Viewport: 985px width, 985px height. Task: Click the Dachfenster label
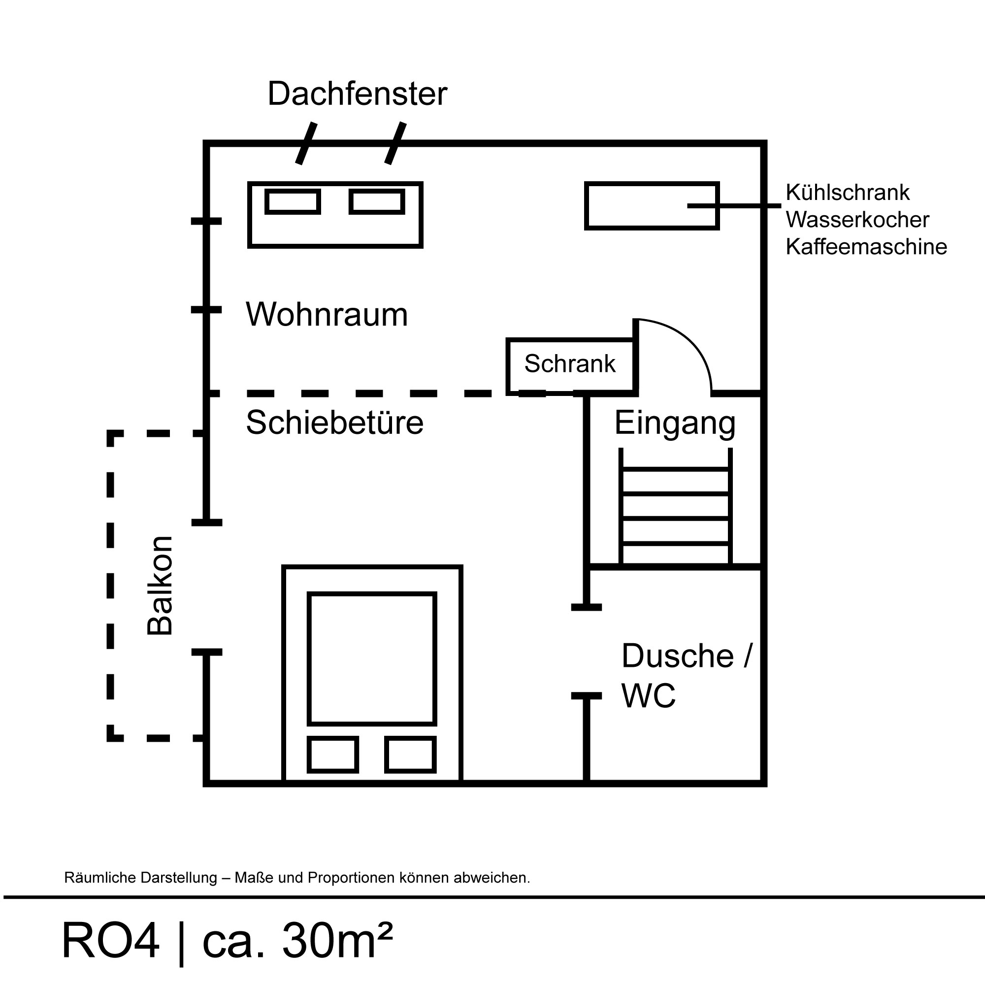coord(357,95)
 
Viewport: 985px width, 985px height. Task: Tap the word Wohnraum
coord(327,315)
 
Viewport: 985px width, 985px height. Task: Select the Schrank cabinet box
coord(570,365)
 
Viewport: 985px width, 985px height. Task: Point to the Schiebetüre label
coord(334,423)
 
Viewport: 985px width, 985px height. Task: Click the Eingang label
coord(675,423)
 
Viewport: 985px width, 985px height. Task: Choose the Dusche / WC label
coord(686,676)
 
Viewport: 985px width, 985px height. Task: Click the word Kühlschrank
coord(847,193)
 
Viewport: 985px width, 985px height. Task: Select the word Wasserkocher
coord(857,220)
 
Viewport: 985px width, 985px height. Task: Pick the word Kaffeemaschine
coord(866,247)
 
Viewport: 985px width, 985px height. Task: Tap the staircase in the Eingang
coord(675,507)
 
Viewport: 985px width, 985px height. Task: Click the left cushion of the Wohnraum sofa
coord(293,202)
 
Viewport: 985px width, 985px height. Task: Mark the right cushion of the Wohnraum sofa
coord(377,202)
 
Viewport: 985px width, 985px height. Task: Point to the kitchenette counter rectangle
coord(652,206)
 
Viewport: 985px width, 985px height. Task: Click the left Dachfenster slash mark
coord(306,144)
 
